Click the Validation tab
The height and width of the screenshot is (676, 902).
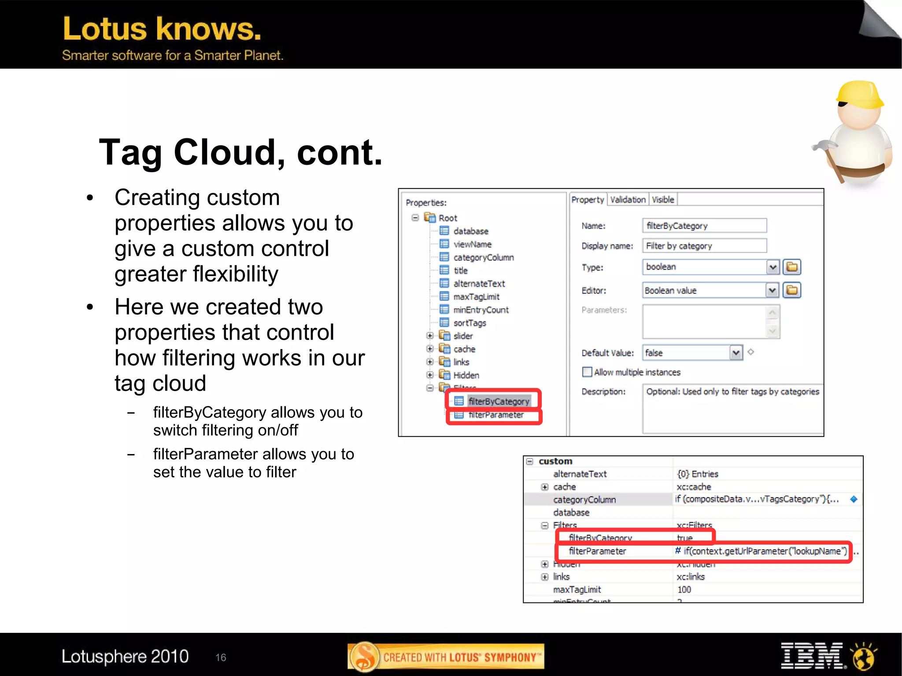coord(628,199)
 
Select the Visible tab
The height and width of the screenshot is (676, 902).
coord(663,199)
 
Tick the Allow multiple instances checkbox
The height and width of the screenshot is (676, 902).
coord(587,372)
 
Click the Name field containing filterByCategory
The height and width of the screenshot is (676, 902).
coord(704,225)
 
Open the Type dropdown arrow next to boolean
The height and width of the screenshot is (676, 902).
coord(773,267)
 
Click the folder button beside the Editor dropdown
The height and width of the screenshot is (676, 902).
coord(792,290)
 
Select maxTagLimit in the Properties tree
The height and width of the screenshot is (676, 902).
coord(476,297)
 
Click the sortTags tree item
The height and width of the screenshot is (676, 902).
coord(469,323)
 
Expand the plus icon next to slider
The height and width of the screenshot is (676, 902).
coord(430,336)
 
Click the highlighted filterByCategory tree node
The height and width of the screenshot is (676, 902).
coord(498,401)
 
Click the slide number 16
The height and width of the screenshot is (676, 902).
coord(221,658)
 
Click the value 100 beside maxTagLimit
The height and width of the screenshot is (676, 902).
coord(684,589)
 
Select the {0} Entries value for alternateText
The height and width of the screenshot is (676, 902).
coord(697,474)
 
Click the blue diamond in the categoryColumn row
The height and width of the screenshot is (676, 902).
coord(854,499)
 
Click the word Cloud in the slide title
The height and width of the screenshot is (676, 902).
coord(229,152)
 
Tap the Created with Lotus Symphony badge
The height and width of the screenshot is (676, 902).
coord(446,657)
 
